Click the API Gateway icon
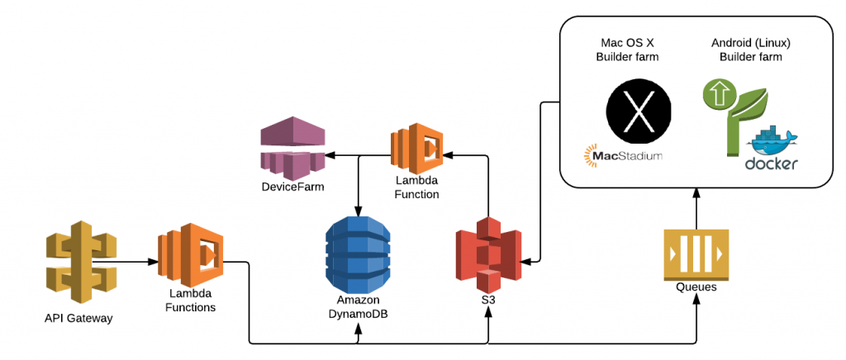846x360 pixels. pos(79,263)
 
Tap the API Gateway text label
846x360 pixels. pos(79,318)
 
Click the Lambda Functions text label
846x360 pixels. pos(190,301)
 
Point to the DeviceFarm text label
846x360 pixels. pos(294,188)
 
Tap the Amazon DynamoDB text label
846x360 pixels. pos(358,306)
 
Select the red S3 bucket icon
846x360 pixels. pos(489,253)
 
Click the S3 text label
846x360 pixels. pos(488,301)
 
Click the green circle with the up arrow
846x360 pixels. pos(718,92)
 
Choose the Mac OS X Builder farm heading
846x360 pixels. pos(637,50)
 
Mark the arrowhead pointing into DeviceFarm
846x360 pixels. pos(330,154)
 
